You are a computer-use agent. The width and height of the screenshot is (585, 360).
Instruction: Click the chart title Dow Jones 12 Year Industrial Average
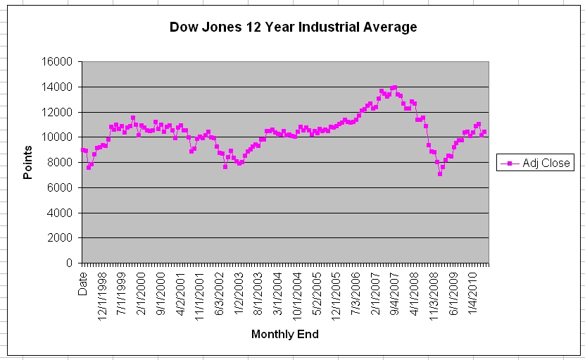[293, 27]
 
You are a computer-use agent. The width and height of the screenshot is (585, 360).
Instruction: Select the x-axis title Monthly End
[284, 335]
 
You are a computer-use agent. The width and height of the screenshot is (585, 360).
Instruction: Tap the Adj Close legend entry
[546, 163]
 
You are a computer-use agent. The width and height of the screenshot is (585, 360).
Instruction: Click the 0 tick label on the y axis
[69, 263]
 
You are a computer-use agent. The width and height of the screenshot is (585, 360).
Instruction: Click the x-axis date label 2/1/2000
[141, 290]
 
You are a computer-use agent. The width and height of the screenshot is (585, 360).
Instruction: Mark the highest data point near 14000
[394, 88]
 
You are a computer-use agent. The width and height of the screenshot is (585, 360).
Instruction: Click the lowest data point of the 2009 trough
[440, 173]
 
